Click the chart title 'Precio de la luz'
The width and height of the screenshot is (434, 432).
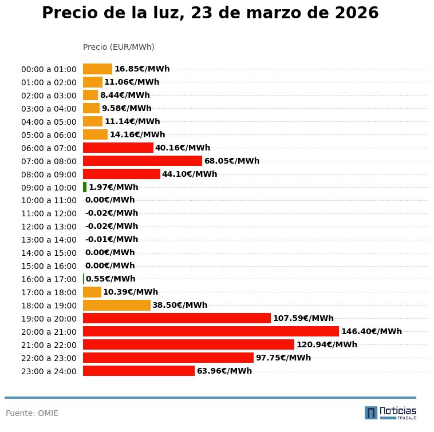tap(210, 13)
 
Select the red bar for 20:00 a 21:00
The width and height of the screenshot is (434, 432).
tap(211, 331)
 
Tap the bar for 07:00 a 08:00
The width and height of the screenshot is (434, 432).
tap(142, 161)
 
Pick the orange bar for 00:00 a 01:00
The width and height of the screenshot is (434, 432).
tap(97, 69)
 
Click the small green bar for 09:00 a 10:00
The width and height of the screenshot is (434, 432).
tap(85, 187)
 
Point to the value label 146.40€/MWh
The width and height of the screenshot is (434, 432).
tap(371, 331)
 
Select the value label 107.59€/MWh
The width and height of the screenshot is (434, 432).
tap(303, 318)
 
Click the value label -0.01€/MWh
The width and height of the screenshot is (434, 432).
tap(111, 239)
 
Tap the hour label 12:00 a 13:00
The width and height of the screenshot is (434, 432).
tap(49, 227)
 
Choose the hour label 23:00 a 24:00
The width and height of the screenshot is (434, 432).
tap(49, 371)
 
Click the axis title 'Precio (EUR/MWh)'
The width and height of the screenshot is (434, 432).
tap(119, 47)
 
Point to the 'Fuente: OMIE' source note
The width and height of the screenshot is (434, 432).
tap(32, 413)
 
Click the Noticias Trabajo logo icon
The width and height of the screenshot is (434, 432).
tap(371, 413)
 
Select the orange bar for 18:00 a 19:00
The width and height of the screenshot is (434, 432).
tap(116, 305)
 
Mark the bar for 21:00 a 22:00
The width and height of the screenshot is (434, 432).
tap(188, 344)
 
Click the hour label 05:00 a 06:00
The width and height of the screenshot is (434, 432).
tap(49, 134)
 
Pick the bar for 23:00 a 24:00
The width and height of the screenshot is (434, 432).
tap(139, 371)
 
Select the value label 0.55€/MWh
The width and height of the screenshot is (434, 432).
tap(111, 279)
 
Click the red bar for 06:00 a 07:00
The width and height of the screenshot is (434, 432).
tap(118, 148)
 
